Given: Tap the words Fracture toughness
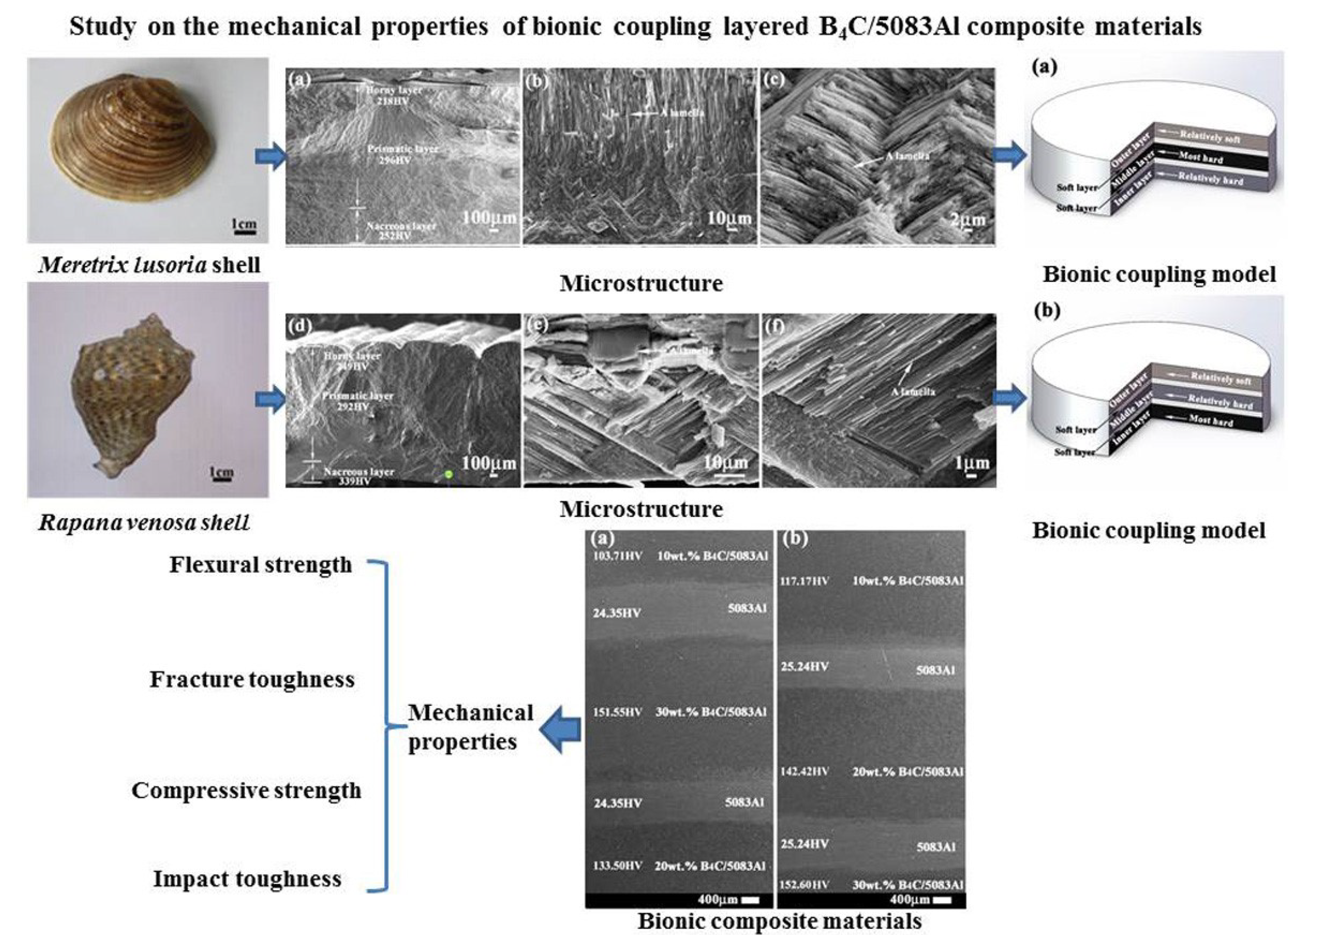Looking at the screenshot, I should coord(252,679).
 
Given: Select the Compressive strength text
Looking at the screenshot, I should coord(246,791).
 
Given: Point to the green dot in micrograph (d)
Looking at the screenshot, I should coord(449,474).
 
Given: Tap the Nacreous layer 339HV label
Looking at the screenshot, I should coord(358,476).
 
